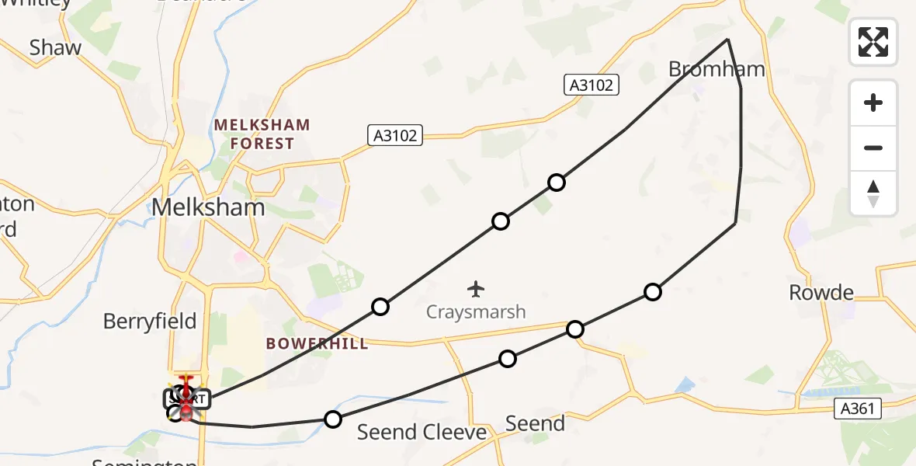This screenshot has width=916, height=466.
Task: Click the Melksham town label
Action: point(208,207)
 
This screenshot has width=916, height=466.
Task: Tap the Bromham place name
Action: point(716,69)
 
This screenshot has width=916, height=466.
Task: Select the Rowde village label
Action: point(821,293)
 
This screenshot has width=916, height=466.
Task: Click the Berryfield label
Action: point(150,321)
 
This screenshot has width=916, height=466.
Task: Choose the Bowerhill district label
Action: point(317,343)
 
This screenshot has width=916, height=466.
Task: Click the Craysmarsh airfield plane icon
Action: point(476,289)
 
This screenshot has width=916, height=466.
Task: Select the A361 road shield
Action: point(859,409)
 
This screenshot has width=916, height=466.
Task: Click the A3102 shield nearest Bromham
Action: point(592,85)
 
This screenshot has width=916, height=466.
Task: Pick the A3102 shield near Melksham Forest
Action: point(394,135)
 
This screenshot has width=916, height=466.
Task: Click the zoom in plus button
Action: point(873,103)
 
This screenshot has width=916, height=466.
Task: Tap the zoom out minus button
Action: point(873,148)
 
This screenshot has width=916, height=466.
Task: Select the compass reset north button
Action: point(873,193)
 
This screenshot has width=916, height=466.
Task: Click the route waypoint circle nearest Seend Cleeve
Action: point(332,419)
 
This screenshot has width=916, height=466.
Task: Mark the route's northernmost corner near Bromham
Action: point(727,39)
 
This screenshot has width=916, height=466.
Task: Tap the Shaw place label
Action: point(55,47)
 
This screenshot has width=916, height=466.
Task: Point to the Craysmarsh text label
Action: point(476,312)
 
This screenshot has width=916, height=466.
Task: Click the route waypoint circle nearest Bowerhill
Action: point(380,307)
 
